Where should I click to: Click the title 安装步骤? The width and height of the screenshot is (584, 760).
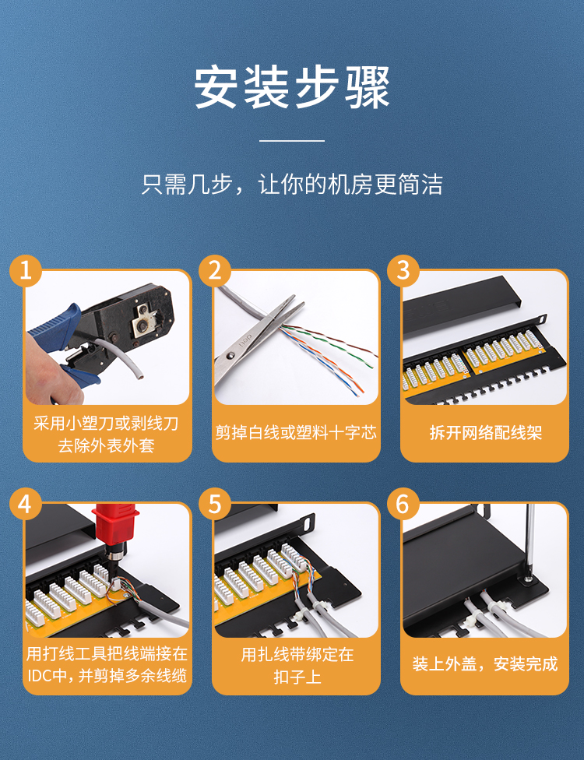(x=292, y=88)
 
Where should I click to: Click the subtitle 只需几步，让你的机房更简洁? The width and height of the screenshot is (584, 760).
(x=292, y=185)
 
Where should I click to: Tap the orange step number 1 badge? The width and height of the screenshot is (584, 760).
(x=26, y=270)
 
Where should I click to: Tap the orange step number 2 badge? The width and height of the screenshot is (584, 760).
(x=215, y=270)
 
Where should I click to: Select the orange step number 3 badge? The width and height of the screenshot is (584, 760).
(x=403, y=270)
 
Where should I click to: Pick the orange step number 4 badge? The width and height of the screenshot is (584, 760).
(x=26, y=504)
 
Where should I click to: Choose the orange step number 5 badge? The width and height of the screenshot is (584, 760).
(x=215, y=504)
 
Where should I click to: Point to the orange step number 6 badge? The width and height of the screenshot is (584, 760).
(x=403, y=504)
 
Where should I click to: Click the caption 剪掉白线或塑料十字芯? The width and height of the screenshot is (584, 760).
(x=296, y=432)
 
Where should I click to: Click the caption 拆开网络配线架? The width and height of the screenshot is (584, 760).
(x=485, y=432)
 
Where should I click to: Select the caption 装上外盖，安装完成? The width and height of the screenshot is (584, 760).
(x=485, y=663)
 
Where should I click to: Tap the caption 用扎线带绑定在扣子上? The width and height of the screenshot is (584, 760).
(x=297, y=665)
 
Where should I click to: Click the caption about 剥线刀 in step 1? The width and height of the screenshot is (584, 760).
(x=106, y=434)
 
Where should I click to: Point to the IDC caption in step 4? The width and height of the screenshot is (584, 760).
(x=107, y=664)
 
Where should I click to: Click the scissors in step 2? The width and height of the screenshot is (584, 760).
(x=255, y=340)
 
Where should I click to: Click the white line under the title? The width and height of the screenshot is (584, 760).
(x=292, y=141)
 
